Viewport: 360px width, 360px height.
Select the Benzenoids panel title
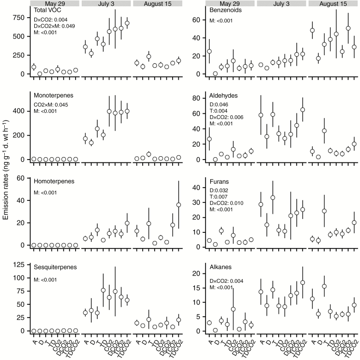pyautogui.click(x=226, y=10)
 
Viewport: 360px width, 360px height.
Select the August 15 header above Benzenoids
pyautogui.click(x=332, y=3)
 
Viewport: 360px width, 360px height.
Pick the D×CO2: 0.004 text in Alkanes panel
pyautogui.click(x=226, y=281)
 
